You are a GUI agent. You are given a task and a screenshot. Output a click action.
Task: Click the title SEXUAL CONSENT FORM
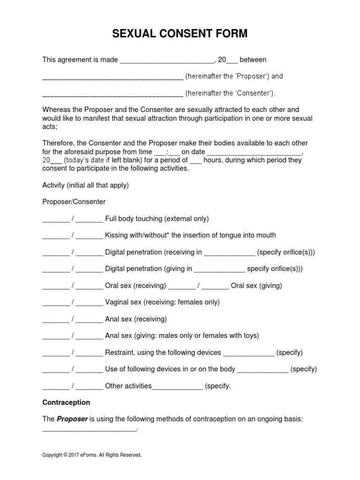tap(180, 34)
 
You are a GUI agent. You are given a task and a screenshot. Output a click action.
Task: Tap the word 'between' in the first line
tap(253, 60)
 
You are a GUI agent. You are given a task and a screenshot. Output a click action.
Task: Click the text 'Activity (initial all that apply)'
tap(86, 185)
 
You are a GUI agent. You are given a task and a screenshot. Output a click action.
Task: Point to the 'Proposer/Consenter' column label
tap(74, 202)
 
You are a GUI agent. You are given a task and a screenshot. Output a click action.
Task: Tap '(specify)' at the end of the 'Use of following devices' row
tap(303, 369)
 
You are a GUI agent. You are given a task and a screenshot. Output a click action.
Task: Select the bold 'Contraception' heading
tap(66, 402)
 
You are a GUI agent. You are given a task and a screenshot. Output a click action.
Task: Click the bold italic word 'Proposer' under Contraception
tap(72, 419)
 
